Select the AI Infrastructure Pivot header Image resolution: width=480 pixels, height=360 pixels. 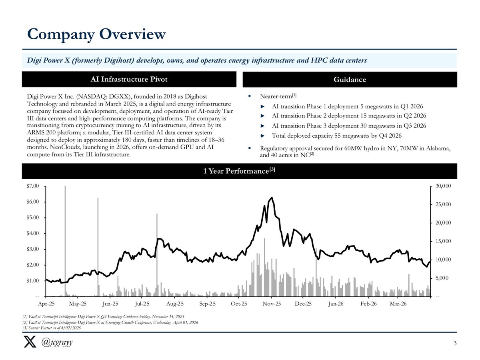129,79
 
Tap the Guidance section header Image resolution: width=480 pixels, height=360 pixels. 350,80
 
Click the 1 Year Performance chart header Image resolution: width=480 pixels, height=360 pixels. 239,171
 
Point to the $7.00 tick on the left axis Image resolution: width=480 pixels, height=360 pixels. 34,186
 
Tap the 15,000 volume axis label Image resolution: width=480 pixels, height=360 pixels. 442,241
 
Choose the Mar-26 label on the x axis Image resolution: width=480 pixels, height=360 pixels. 398,304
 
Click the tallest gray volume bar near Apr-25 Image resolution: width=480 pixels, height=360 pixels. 65,240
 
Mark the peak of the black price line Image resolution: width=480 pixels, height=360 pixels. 272,198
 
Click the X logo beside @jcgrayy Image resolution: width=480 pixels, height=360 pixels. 30,343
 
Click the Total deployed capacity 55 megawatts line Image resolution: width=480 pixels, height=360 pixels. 336,135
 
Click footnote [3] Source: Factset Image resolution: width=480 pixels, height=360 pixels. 52,328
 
